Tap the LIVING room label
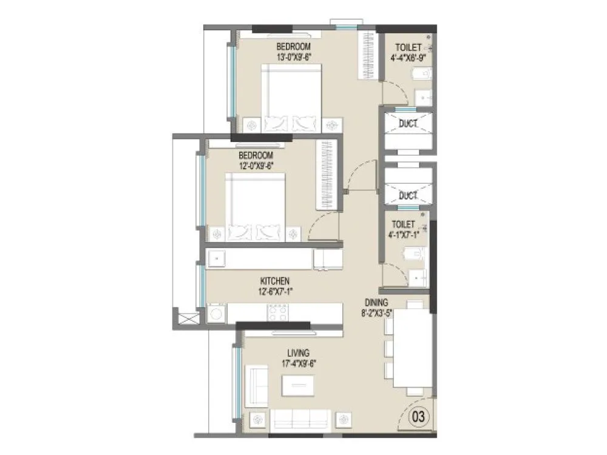coord(299,352)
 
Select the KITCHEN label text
coord(274,281)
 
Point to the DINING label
coord(376,303)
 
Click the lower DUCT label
coord(408,195)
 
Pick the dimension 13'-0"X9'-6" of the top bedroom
coord(294,58)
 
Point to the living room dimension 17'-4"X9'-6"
coord(299,363)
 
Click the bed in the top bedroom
coord(291,97)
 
